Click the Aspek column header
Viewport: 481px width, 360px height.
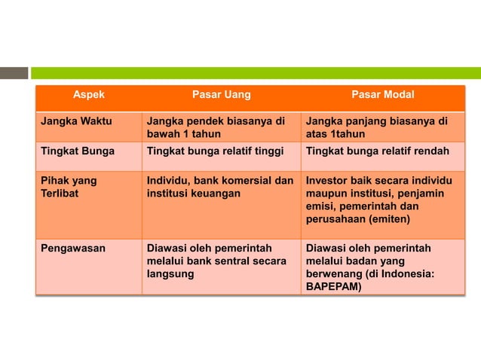click(88, 95)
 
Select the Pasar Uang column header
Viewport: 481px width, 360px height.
click(221, 95)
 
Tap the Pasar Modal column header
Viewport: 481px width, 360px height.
click(382, 95)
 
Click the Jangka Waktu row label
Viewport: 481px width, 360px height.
click(75, 121)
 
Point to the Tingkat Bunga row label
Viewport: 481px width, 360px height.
click(77, 151)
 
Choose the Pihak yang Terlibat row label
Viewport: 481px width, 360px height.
click(69, 188)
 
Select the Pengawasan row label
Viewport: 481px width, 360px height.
click(72, 247)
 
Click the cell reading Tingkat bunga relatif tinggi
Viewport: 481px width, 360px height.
click(215, 151)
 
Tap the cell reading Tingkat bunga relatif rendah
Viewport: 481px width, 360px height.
click(377, 151)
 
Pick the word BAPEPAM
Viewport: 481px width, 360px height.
click(333, 287)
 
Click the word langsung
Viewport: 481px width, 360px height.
click(170, 274)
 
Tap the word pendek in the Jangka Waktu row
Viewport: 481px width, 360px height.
click(201, 121)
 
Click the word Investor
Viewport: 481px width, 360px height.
click(327, 181)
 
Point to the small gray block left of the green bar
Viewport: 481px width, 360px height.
click(14, 73)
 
